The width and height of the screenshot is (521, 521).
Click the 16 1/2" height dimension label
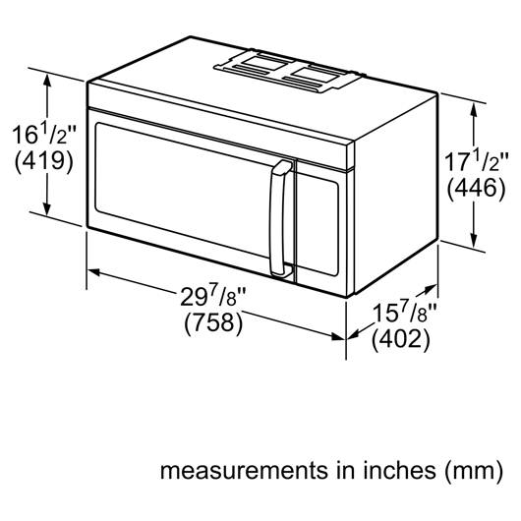(x=44, y=135)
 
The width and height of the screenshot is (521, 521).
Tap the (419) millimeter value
(x=44, y=162)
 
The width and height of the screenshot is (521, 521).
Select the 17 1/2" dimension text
(x=476, y=162)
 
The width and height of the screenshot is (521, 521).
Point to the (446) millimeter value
(x=476, y=189)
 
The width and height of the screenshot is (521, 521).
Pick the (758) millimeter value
(x=213, y=322)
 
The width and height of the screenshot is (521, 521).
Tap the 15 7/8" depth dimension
(x=404, y=313)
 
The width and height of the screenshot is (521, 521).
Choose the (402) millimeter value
(x=401, y=339)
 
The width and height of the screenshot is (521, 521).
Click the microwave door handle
(x=280, y=218)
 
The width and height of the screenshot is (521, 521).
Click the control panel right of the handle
(x=318, y=223)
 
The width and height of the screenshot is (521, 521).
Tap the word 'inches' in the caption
(x=398, y=470)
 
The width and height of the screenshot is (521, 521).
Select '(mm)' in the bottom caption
(x=474, y=471)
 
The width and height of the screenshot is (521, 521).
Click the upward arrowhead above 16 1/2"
(x=47, y=82)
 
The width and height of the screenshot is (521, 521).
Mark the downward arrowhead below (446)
(x=474, y=240)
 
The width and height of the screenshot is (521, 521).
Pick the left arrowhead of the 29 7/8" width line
(x=95, y=271)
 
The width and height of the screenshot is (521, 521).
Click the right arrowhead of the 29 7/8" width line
(x=338, y=336)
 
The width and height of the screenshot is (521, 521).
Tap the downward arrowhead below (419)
(x=47, y=208)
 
